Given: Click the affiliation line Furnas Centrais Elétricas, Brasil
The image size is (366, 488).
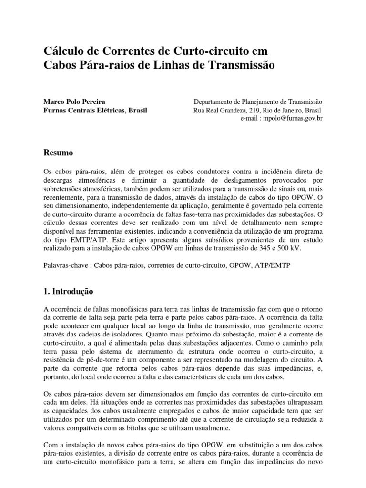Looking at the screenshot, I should coord(95,110).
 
